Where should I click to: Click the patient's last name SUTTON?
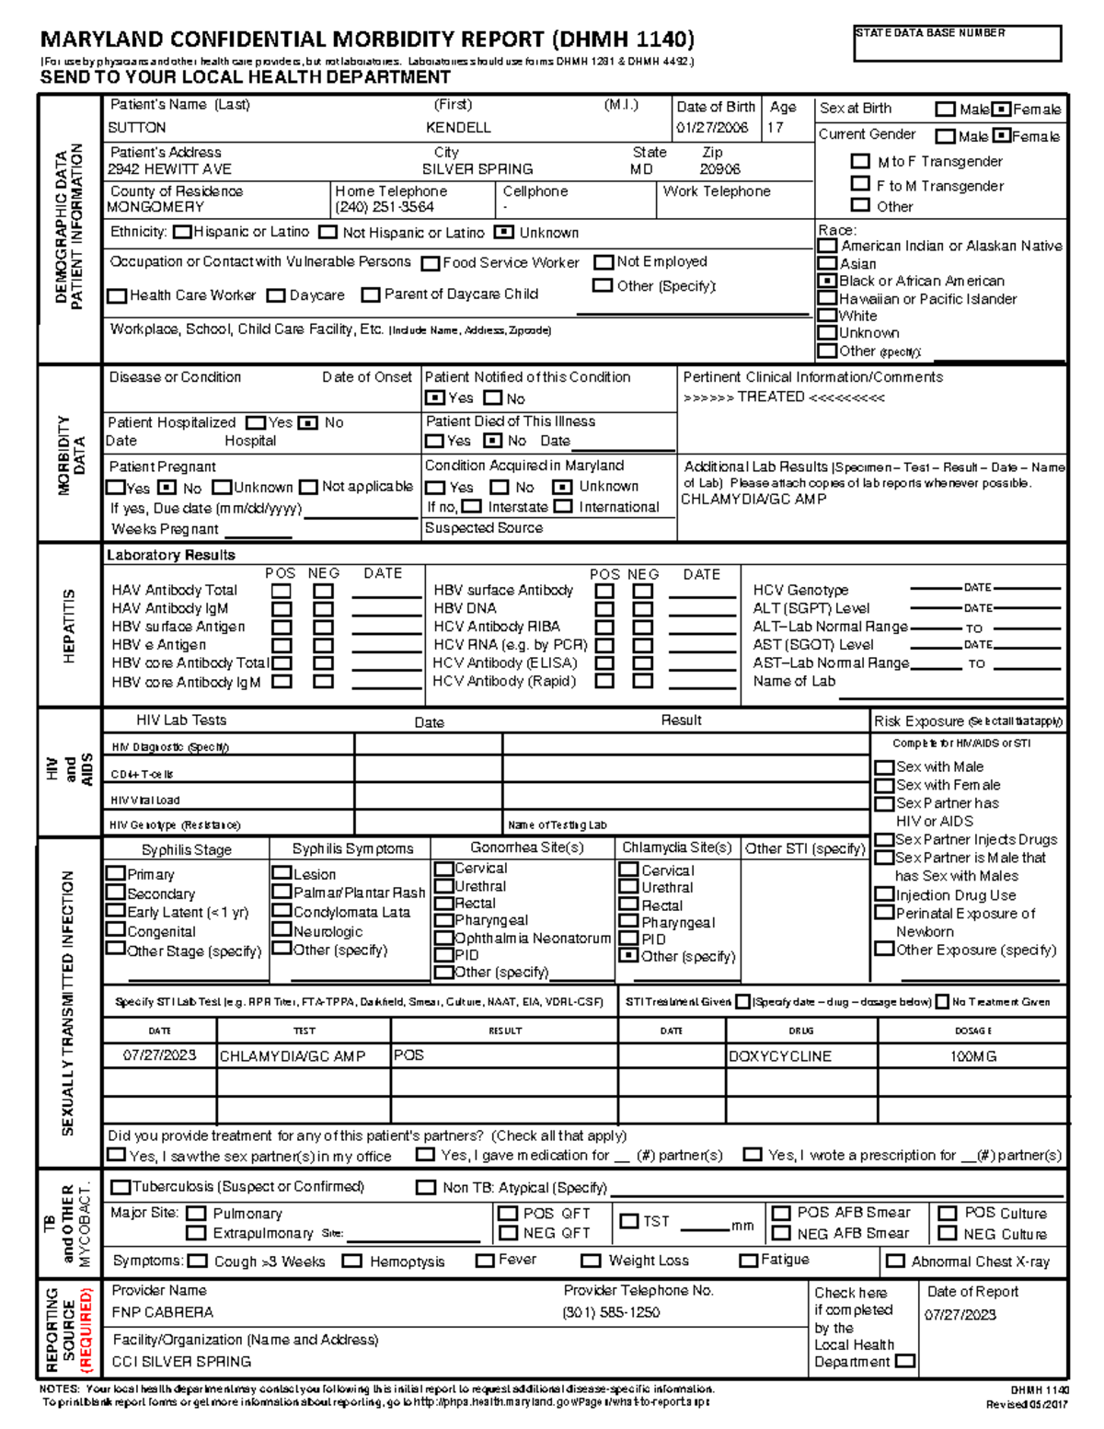(137, 128)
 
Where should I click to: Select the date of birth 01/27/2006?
(712, 128)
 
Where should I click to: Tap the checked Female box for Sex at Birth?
(1002, 109)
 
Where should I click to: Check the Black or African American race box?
(827, 282)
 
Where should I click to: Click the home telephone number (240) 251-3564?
(385, 207)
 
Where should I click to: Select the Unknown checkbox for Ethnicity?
(503, 233)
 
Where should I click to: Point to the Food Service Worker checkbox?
(430, 263)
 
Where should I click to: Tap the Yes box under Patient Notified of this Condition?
(433, 398)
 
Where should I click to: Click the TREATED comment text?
(783, 398)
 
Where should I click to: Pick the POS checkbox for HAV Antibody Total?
(282, 591)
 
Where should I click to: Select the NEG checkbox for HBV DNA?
(642, 609)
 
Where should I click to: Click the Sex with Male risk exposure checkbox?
(884, 767)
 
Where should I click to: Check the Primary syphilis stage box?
(116, 873)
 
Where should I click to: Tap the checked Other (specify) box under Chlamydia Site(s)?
(628, 956)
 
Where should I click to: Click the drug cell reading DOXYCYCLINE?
(780, 1056)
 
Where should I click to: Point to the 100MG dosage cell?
(972, 1056)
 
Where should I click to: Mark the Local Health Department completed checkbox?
(905, 1361)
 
